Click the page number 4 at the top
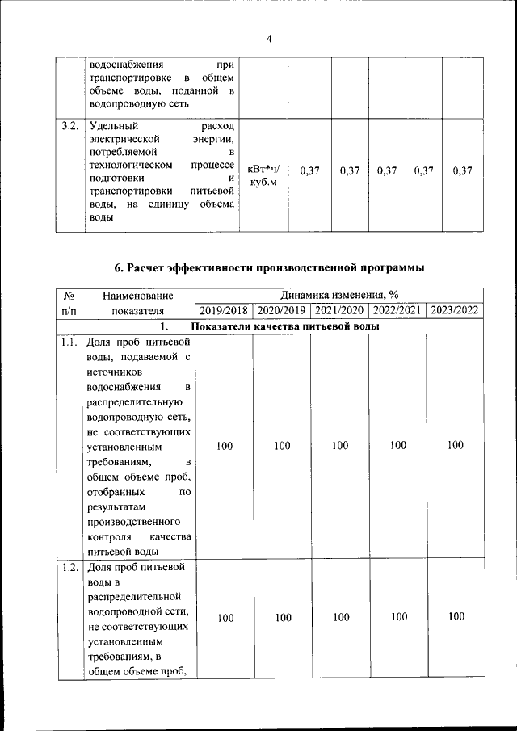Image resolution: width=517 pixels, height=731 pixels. pyautogui.click(x=269, y=38)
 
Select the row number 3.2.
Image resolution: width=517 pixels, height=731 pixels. pyautogui.click(x=69, y=127)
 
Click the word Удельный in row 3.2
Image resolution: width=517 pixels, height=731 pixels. pyautogui.click(x=114, y=127)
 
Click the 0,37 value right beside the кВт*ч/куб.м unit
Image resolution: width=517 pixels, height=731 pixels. pyautogui.click(x=309, y=171)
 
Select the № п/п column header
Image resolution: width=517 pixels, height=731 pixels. pyautogui.click(x=69, y=303)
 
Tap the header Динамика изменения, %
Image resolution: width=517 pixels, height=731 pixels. pyautogui.click(x=338, y=296)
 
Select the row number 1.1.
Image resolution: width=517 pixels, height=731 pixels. pyautogui.click(x=69, y=342)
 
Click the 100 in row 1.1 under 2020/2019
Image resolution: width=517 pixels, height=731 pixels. pyautogui.click(x=282, y=445)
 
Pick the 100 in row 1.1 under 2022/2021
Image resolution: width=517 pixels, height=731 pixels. pyautogui.click(x=397, y=445)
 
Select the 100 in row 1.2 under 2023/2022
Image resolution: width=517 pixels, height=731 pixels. pyautogui.click(x=456, y=617)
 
